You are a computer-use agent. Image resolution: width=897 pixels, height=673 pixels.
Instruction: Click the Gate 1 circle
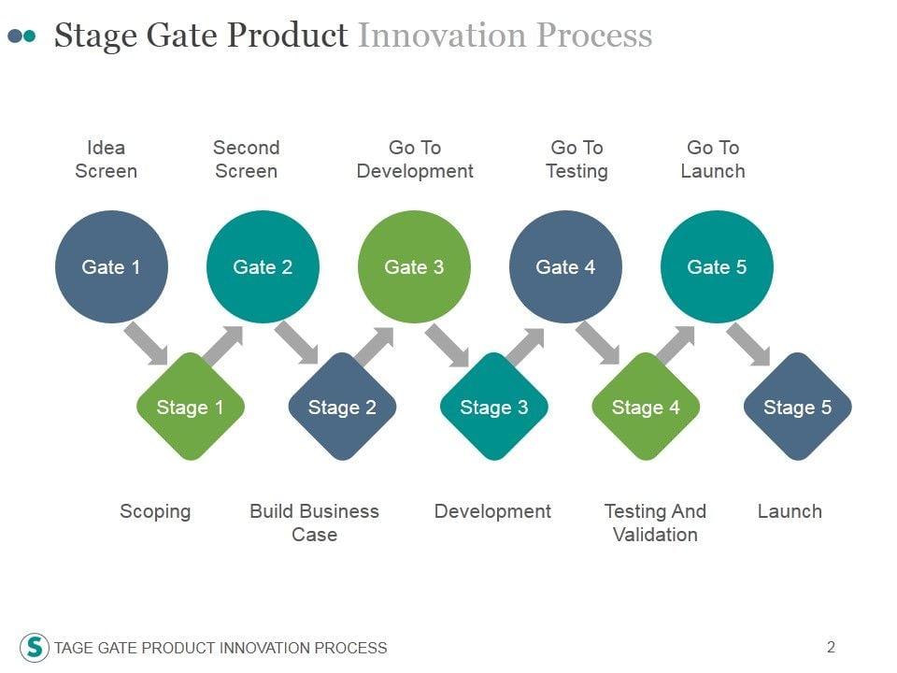(111, 267)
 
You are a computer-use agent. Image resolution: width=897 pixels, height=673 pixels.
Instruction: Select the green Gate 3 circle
(414, 267)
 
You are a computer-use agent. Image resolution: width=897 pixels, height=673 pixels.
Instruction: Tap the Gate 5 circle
(717, 267)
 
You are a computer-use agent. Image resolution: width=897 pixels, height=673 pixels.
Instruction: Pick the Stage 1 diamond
(191, 407)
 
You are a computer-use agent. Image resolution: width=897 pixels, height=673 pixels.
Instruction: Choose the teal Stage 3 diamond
(494, 407)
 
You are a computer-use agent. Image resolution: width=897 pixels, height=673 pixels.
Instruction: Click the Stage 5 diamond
(797, 407)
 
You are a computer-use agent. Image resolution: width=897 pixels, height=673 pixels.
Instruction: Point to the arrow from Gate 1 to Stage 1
(147, 343)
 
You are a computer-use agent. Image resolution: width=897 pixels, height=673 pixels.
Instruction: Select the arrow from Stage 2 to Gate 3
(373, 347)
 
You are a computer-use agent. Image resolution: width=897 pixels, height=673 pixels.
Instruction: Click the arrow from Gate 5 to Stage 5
(748, 343)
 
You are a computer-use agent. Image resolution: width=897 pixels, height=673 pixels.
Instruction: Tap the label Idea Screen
(106, 159)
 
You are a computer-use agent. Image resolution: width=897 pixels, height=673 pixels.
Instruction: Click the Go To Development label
(415, 159)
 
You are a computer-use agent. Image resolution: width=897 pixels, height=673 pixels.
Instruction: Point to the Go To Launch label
(713, 159)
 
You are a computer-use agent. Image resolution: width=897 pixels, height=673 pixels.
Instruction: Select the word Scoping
(155, 511)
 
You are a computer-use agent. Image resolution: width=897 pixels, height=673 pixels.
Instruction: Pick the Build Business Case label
(314, 523)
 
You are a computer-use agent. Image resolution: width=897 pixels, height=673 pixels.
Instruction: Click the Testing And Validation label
(655, 523)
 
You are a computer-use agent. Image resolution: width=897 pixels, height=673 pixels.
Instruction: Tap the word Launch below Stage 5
(790, 511)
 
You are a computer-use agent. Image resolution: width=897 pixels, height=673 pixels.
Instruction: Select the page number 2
(831, 646)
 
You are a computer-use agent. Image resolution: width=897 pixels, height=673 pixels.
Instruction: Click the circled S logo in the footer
(35, 647)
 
